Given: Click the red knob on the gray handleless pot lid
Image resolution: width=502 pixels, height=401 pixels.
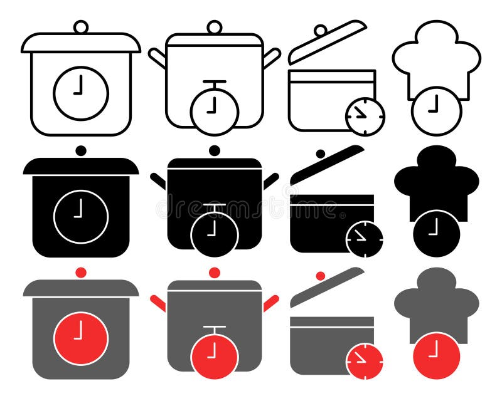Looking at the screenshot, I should tap(80, 272).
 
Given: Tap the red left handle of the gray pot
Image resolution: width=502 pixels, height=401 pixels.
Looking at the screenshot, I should tap(158, 303).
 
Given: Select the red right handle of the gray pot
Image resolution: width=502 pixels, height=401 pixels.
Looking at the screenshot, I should tap(270, 303).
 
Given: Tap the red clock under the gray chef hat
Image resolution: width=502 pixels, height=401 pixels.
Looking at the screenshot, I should tap(436, 355).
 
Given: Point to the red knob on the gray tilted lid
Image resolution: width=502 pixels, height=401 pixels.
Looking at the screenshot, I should tap(320, 276).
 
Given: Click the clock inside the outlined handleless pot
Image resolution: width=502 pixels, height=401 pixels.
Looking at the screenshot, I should tap(80, 93).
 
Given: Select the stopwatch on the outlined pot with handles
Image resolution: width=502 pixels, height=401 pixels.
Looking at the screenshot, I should tap(214, 111).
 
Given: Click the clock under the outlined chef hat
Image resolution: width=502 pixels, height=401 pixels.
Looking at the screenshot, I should tap(436, 111).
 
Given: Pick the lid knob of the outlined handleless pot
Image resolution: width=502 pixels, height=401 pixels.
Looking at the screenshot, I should tap(80, 27).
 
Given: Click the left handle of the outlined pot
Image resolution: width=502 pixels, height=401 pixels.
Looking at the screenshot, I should tap(158, 58).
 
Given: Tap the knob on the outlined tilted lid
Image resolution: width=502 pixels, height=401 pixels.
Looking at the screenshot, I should tap(320, 31).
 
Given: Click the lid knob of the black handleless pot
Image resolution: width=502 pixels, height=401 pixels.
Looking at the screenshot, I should tap(80, 150).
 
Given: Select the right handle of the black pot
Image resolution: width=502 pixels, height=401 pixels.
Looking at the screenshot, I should tap(270, 181).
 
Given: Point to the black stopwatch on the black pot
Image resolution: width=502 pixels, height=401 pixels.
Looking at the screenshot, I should tap(214, 233).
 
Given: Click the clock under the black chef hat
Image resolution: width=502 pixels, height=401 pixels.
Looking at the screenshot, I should tap(436, 233).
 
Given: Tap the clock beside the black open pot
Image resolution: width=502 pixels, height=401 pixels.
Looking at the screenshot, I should tap(365, 238).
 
